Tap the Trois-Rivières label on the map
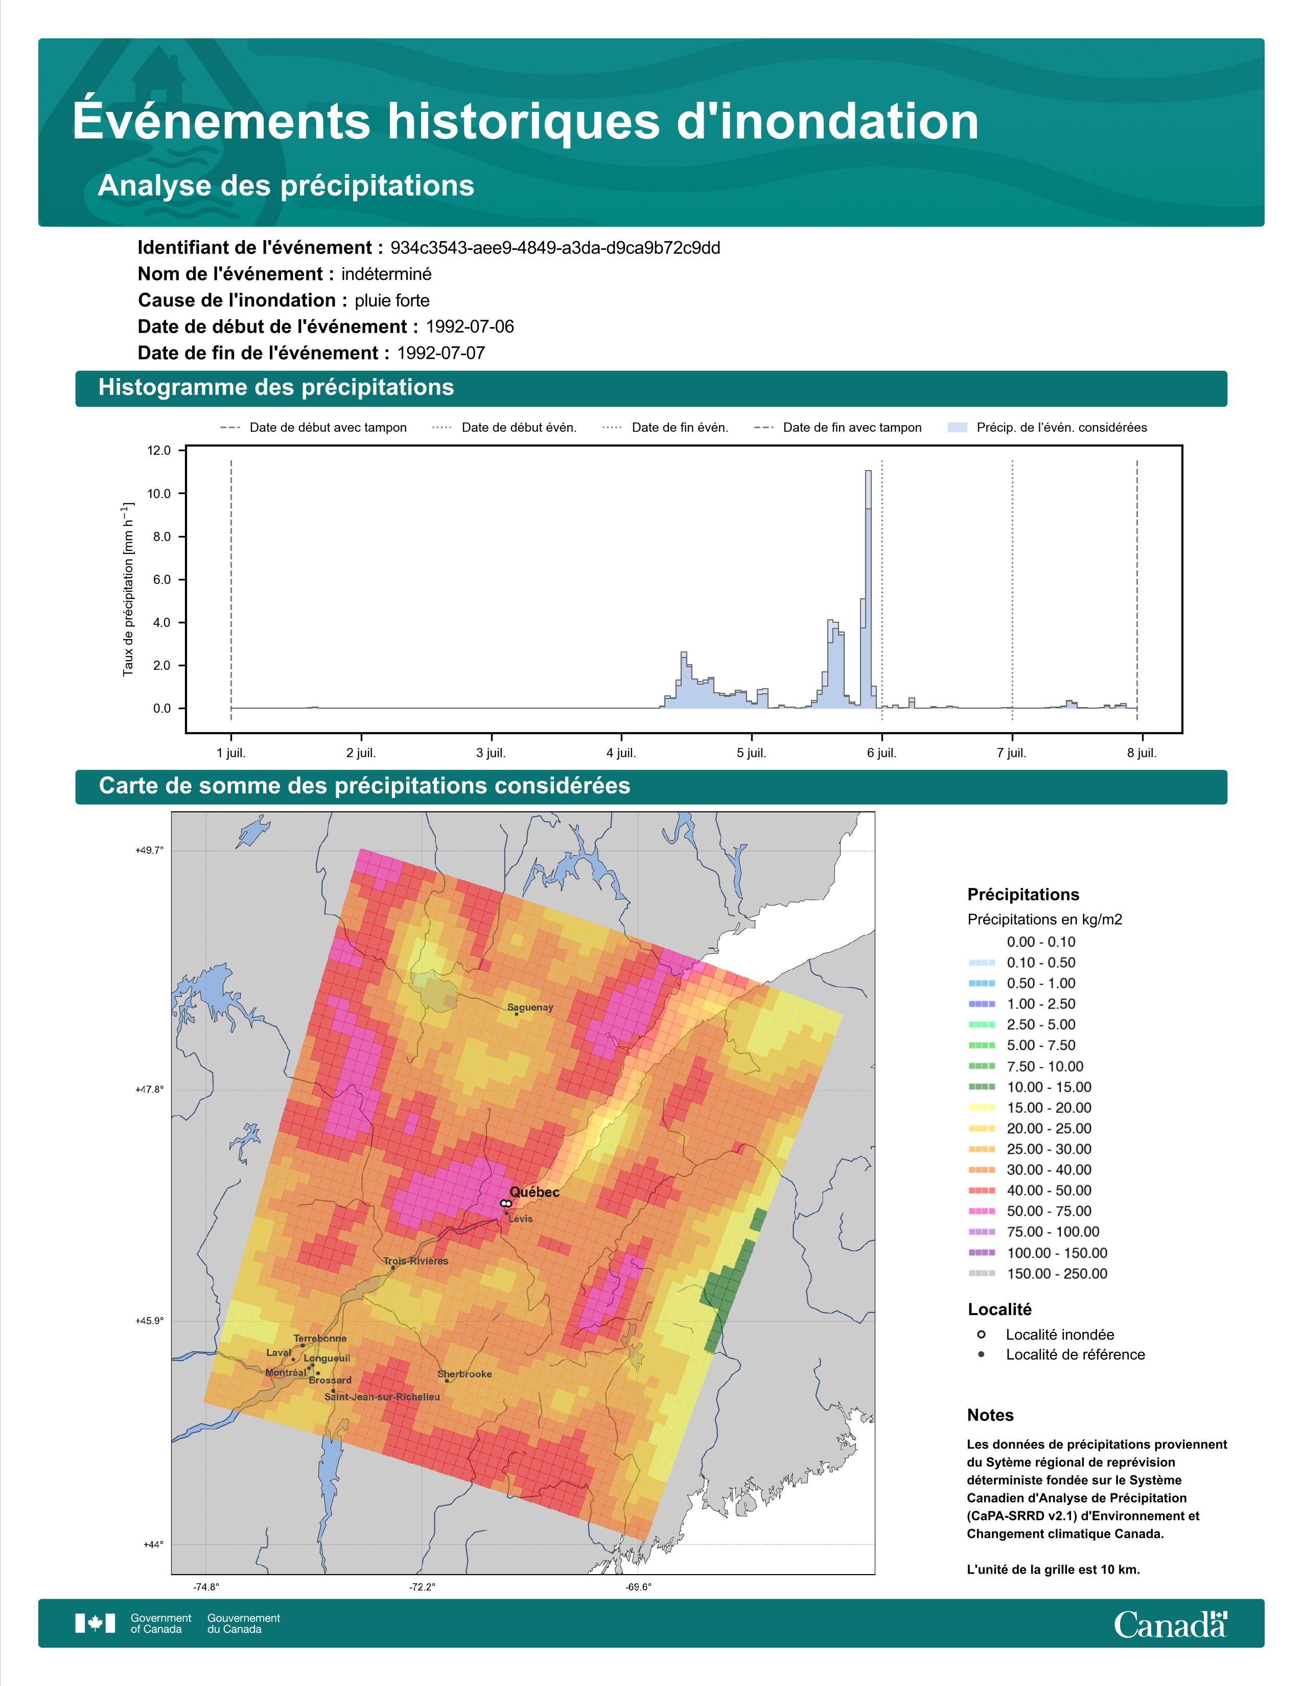415,1260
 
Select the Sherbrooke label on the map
464,1374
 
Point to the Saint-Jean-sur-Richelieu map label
382,1397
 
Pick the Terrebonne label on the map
319,1339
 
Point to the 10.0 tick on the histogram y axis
160,494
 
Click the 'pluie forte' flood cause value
392,300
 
